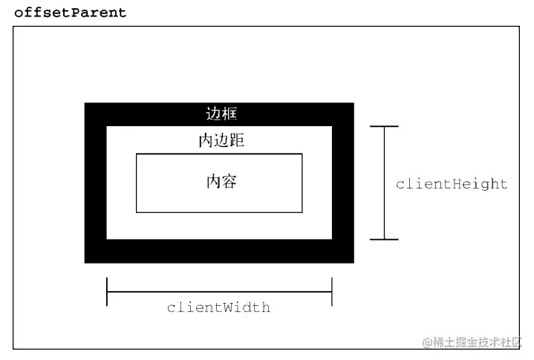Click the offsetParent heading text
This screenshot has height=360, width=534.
(x=71, y=13)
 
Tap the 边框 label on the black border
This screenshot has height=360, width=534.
(x=221, y=114)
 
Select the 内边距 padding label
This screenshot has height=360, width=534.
(x=221, y=141)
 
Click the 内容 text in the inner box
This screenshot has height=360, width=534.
(x=221, y=182)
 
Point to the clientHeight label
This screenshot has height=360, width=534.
(x=452, y=184)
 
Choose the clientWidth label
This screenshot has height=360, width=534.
(x=218, y=307)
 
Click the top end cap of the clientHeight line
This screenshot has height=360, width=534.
(x=384, y=127)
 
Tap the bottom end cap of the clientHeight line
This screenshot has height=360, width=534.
(x=384, y=239)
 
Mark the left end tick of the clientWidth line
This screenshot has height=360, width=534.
(x=107, y=292)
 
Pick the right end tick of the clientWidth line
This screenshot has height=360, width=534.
(x=331, y=292)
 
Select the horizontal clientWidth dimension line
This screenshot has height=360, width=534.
(x=219, y=292)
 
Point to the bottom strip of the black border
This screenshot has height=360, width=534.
(x=219, y=251)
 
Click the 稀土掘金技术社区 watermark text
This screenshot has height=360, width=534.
(x=478, y=342)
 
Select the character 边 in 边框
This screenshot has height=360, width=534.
(x=213, y=114)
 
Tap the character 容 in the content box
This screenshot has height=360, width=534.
(x=229, y=182)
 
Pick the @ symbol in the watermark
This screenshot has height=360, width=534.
(x=428, y=342)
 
